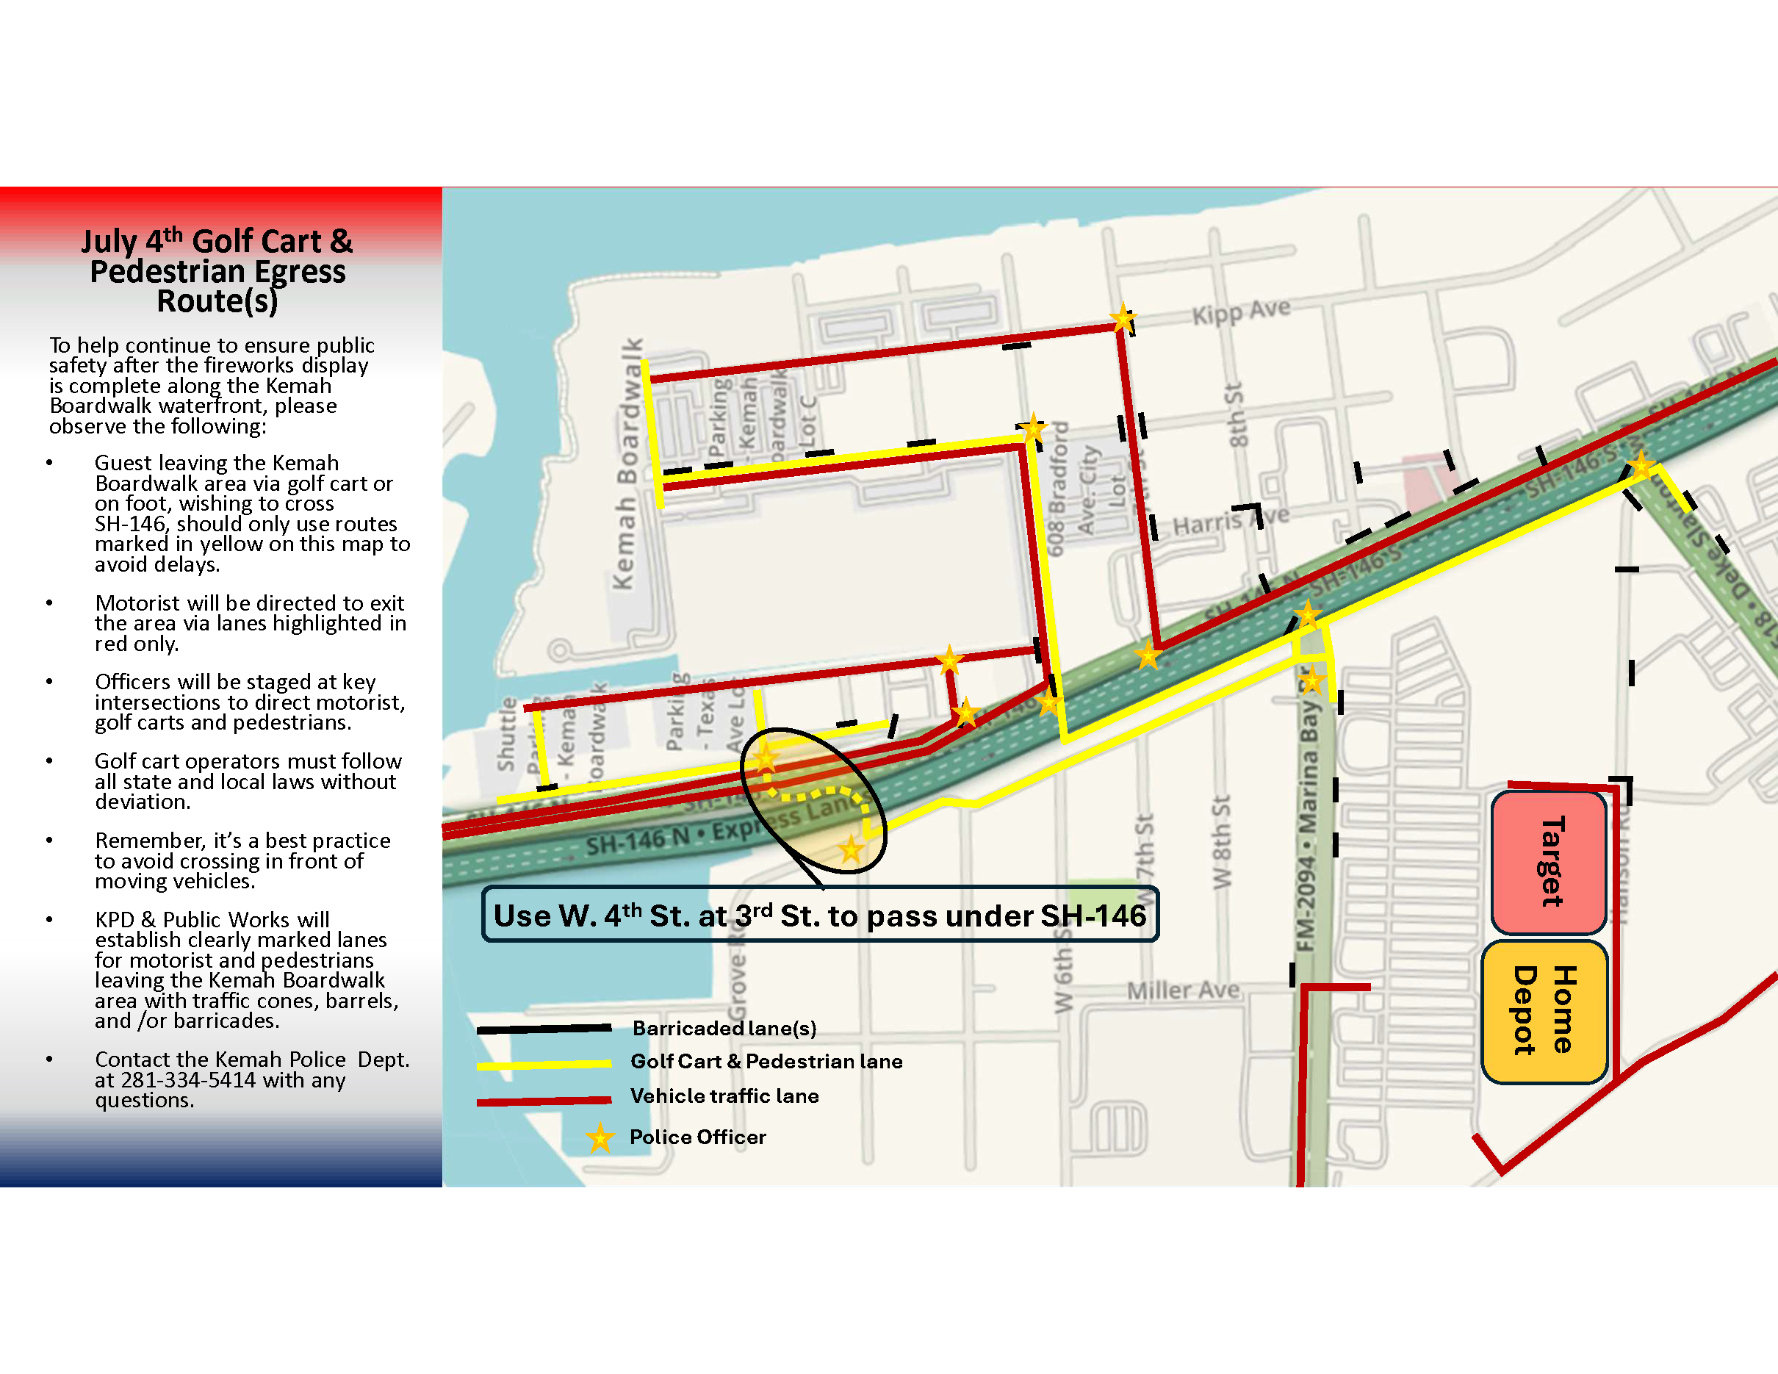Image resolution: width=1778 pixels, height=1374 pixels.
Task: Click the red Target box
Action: tap(1550, 862)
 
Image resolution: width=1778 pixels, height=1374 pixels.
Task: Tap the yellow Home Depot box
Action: tap(1544, 1011)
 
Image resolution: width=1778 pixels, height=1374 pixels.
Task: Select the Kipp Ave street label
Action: tap(1241, 312)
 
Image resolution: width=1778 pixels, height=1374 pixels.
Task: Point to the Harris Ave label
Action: tap(1230, 522)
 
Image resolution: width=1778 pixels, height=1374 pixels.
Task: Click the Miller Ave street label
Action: tap(1183, 990)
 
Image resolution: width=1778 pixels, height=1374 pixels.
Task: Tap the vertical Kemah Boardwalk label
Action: tap(627, 464)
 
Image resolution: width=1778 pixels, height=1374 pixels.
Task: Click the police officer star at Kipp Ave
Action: tap(1123, 317)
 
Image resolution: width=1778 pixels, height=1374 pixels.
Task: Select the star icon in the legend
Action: tap(600, 1138)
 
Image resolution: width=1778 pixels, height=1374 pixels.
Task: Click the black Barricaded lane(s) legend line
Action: tap(544, 1029)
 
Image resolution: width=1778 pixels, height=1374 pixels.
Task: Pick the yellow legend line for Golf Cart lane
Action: tap(544, 1064)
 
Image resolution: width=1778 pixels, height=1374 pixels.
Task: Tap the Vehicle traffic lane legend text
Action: tap(724, 1096)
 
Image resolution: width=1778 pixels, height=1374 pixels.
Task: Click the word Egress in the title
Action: tap(300, 272)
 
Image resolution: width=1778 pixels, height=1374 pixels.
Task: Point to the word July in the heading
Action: tap(108, 242)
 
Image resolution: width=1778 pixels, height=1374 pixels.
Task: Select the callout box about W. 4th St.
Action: tap(820, 915)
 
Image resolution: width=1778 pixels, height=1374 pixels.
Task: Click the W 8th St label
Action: tap(1221, 841)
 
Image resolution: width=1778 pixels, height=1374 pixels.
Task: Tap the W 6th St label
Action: tap(1063, 981)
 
